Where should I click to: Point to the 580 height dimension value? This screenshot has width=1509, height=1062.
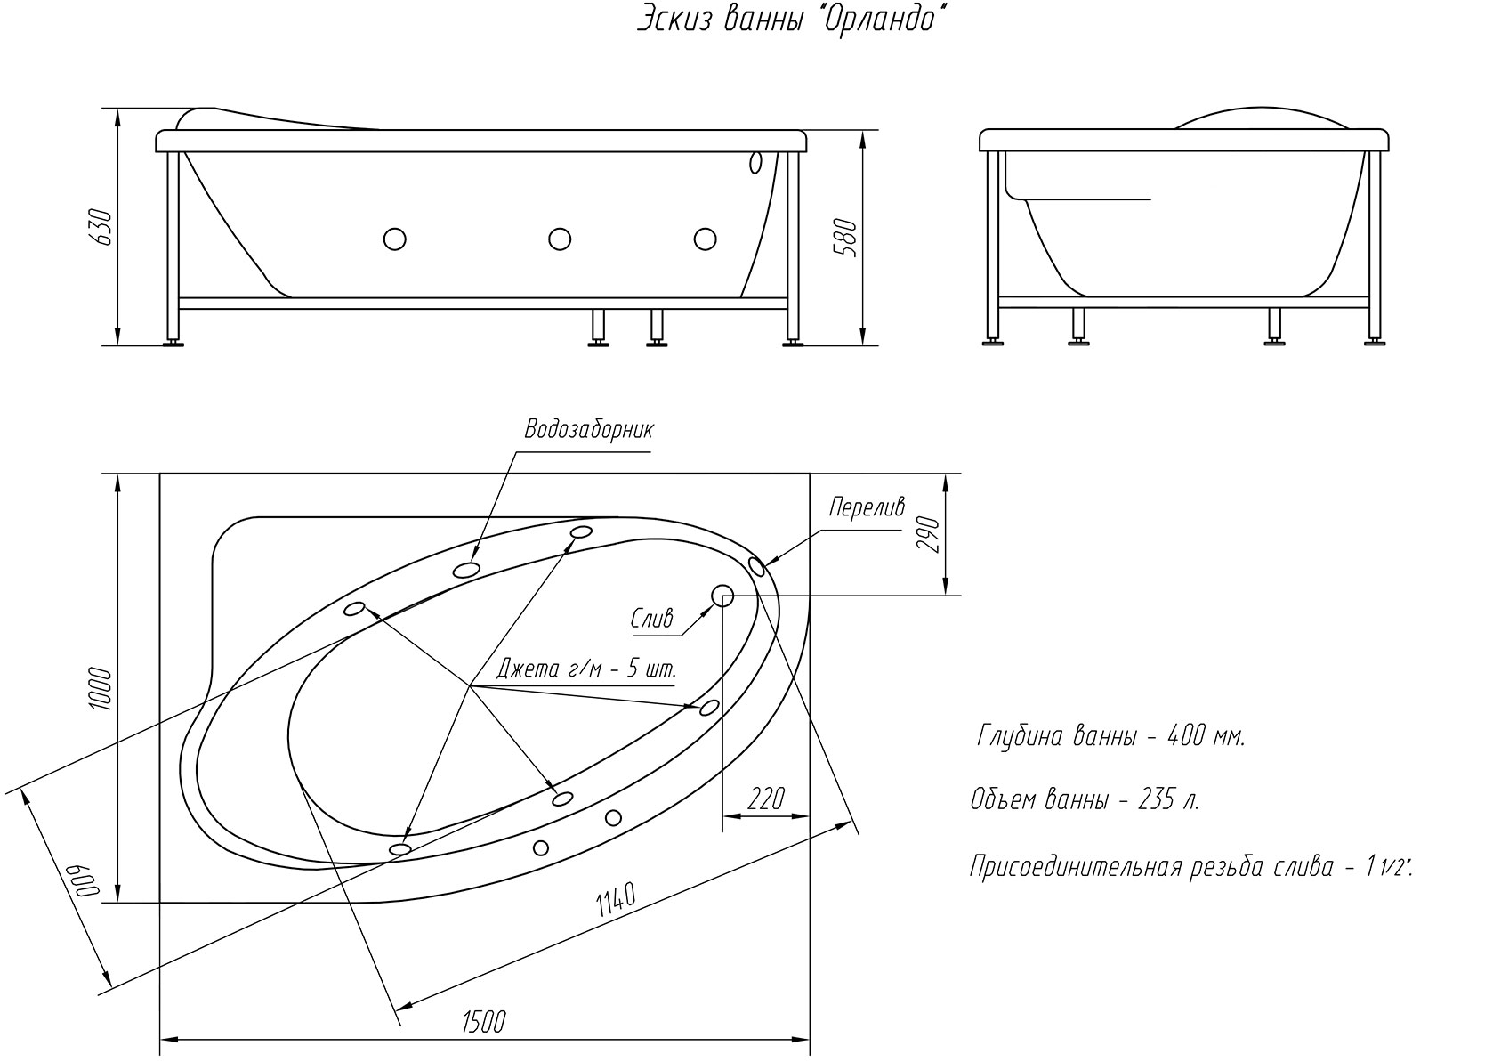point(846,238)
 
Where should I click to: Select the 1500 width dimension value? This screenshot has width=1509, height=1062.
point(483,1022)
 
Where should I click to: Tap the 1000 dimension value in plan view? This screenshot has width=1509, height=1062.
point(101,688)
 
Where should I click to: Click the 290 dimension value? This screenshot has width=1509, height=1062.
point(929,534)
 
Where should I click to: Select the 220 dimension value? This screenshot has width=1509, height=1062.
point(766,799)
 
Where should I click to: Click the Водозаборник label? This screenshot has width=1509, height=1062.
point(589,430)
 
